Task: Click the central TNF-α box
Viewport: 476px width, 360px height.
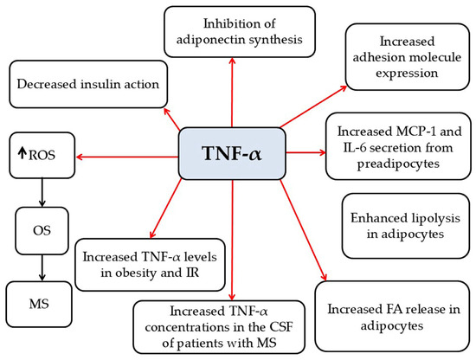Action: pos(232,153)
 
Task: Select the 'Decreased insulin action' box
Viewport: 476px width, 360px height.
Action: pos(88,85)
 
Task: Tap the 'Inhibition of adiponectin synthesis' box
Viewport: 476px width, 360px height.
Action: pos(240,31)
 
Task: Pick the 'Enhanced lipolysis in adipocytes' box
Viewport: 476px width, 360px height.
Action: pos(406,226)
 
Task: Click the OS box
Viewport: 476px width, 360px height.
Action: pos(42,231)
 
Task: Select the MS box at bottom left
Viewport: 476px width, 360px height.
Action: pos(39,304)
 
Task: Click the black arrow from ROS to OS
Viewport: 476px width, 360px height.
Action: pos(42,192)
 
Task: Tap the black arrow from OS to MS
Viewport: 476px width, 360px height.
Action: pos(42,267)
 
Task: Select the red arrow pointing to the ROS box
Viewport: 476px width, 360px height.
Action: pos(127,157)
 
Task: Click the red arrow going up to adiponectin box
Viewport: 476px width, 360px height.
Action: pos(232,93)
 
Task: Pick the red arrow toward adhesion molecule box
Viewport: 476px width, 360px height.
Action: pos(313,106)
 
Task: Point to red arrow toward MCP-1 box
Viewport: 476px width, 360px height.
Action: pos(306,152)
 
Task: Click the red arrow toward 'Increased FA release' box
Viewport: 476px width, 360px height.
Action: pos(303,230)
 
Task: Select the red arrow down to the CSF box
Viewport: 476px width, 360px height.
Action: pos(232,240)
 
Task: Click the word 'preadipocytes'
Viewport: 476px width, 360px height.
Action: pos(398,164)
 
